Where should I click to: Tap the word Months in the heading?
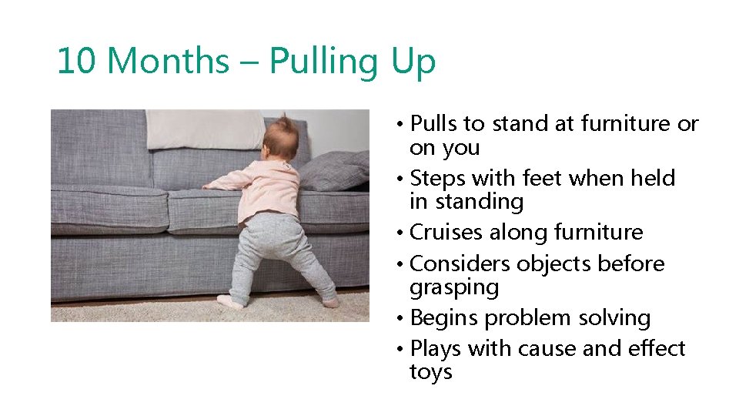click(168, 61)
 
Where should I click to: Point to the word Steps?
click(438, 178)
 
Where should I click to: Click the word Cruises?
click(446, 232)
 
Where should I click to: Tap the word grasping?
click(454, 287)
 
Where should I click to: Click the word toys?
click(431, 372)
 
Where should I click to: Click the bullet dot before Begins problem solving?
click(402, 318)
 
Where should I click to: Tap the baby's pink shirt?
click(269, 189)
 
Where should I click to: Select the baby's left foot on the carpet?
click(229, 300)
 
